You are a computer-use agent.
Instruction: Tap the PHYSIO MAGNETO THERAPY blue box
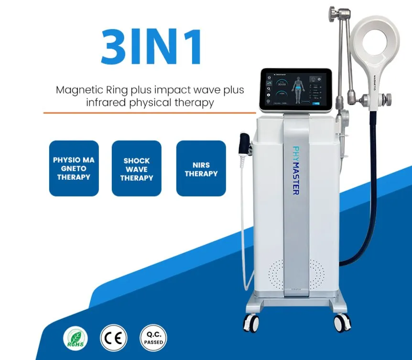74,168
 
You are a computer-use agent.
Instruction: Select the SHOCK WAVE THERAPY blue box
137,169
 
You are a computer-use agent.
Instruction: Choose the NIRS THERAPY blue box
201,168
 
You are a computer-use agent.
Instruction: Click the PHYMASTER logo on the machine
295,170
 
